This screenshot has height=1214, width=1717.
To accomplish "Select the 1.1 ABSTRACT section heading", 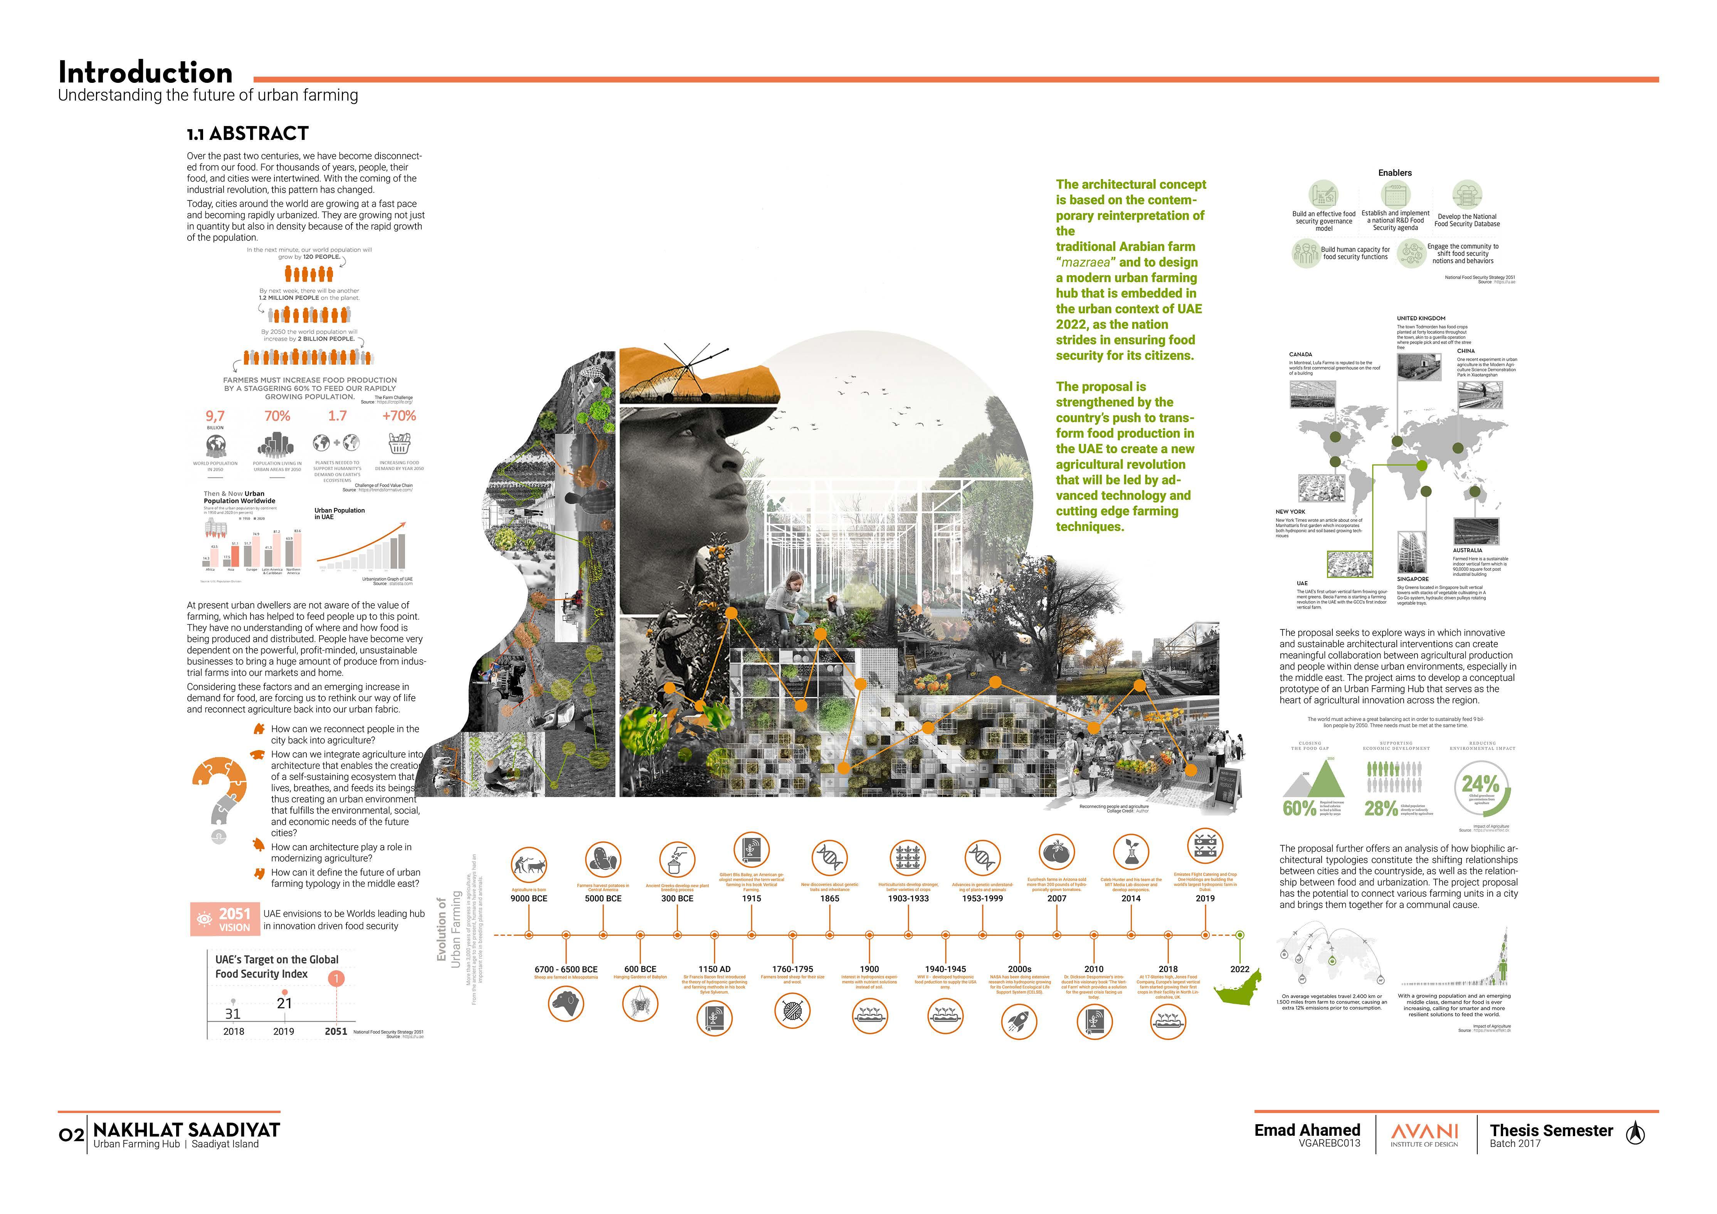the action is click(247, 134).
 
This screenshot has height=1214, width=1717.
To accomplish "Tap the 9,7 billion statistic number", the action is click(215, 416).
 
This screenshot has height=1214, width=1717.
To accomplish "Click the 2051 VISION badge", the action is click(224, 919).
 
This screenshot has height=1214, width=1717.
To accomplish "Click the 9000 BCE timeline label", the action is click(529, 898).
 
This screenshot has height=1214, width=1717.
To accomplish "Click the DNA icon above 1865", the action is click(829, 857).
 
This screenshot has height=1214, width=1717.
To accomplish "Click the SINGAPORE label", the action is click(1413, 579).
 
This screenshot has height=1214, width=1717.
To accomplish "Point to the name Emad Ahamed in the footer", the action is click(1307, 1130).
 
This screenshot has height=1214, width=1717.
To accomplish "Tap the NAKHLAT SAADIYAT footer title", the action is click(186, 1130).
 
